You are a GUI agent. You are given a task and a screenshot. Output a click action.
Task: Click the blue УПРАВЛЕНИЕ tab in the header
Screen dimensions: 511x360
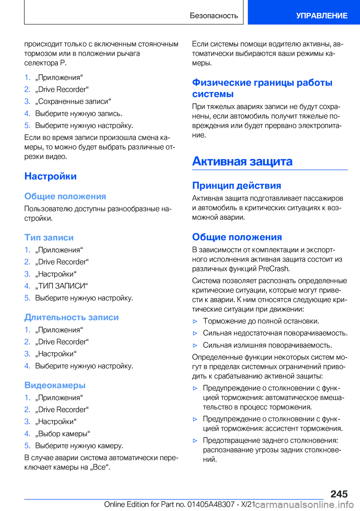coord(321,16)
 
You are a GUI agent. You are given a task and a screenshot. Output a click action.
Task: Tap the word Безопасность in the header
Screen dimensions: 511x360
coord(214,16)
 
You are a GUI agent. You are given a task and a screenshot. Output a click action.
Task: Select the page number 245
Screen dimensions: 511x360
coord(339,494)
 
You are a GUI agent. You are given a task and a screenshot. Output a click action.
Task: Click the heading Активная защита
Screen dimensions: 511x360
coord(242,161)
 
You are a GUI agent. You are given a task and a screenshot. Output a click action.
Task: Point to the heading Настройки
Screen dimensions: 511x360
coord(51,176)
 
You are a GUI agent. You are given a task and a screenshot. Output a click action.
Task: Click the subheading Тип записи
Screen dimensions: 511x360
coord(49,237)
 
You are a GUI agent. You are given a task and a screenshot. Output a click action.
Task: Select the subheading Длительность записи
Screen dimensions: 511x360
coord(72,317)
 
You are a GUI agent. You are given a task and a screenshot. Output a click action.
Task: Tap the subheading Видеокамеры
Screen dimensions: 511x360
coord(55,385)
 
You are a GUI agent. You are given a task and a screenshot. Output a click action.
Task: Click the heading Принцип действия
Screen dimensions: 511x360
coord(237,186)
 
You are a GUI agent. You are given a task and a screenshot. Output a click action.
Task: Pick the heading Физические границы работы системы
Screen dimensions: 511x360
coord(262,88)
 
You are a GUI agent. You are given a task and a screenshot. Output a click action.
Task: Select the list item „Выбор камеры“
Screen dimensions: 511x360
coord(63,434)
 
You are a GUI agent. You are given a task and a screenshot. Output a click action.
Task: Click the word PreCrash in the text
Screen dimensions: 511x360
coord(273,269)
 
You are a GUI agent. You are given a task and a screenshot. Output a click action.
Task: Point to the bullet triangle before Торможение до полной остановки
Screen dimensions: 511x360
coord(195,322)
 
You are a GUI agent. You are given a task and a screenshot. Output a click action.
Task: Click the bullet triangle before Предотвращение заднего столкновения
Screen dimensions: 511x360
coord(195,441)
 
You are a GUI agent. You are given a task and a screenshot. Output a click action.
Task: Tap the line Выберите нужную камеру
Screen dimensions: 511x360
coord(79,446)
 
